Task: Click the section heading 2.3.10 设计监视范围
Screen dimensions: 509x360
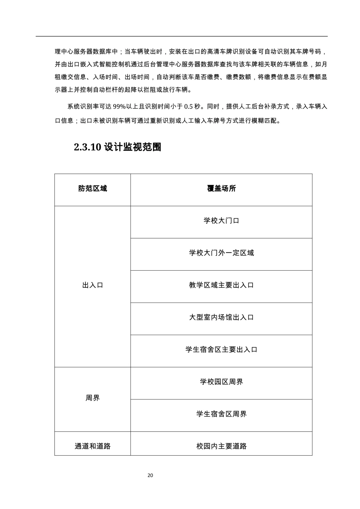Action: click(117, 147)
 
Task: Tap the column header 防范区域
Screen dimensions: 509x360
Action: click(93, 189)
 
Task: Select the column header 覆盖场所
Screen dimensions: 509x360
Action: click(221, 189)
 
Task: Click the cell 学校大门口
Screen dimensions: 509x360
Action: click(221, 221)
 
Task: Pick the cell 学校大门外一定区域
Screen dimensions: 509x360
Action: click(221, 253)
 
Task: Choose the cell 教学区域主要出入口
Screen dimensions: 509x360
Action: click(221, 285)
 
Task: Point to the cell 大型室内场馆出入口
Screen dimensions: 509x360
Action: click(221, 317)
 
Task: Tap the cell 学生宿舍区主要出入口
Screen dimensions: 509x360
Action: click(221, 350)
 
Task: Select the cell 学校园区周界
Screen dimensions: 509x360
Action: click(221, 382)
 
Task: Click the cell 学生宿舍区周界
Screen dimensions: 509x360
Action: click(221, 414)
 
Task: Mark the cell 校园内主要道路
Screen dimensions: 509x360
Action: click(221, 446)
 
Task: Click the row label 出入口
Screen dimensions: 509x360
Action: click(93, 285)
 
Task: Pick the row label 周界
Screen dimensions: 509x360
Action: click(93, 398)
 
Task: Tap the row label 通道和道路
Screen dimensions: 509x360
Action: click(93, 446)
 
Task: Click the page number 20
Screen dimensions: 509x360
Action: click(150, 475)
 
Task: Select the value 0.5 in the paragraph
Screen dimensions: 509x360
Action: click(189, 107)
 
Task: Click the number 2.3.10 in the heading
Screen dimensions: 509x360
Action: click(87, 147)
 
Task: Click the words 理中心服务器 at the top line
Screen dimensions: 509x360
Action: click(74, 52)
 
